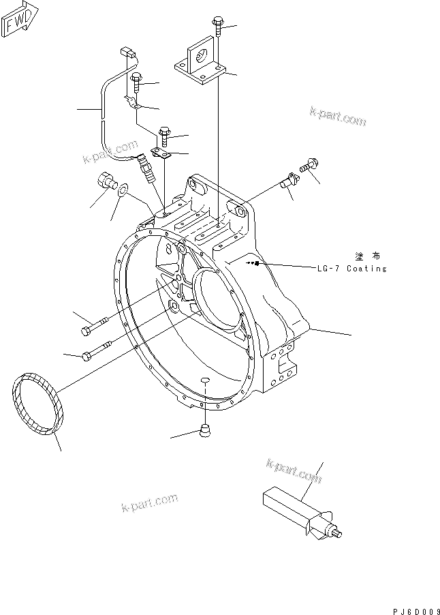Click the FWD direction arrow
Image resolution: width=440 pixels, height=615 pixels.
click(20, 18)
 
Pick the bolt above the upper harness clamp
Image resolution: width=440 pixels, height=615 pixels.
click(136, 82)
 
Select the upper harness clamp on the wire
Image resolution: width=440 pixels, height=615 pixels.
click(132, 104)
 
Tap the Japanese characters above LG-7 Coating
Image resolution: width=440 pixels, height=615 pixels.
click(368, 256)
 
